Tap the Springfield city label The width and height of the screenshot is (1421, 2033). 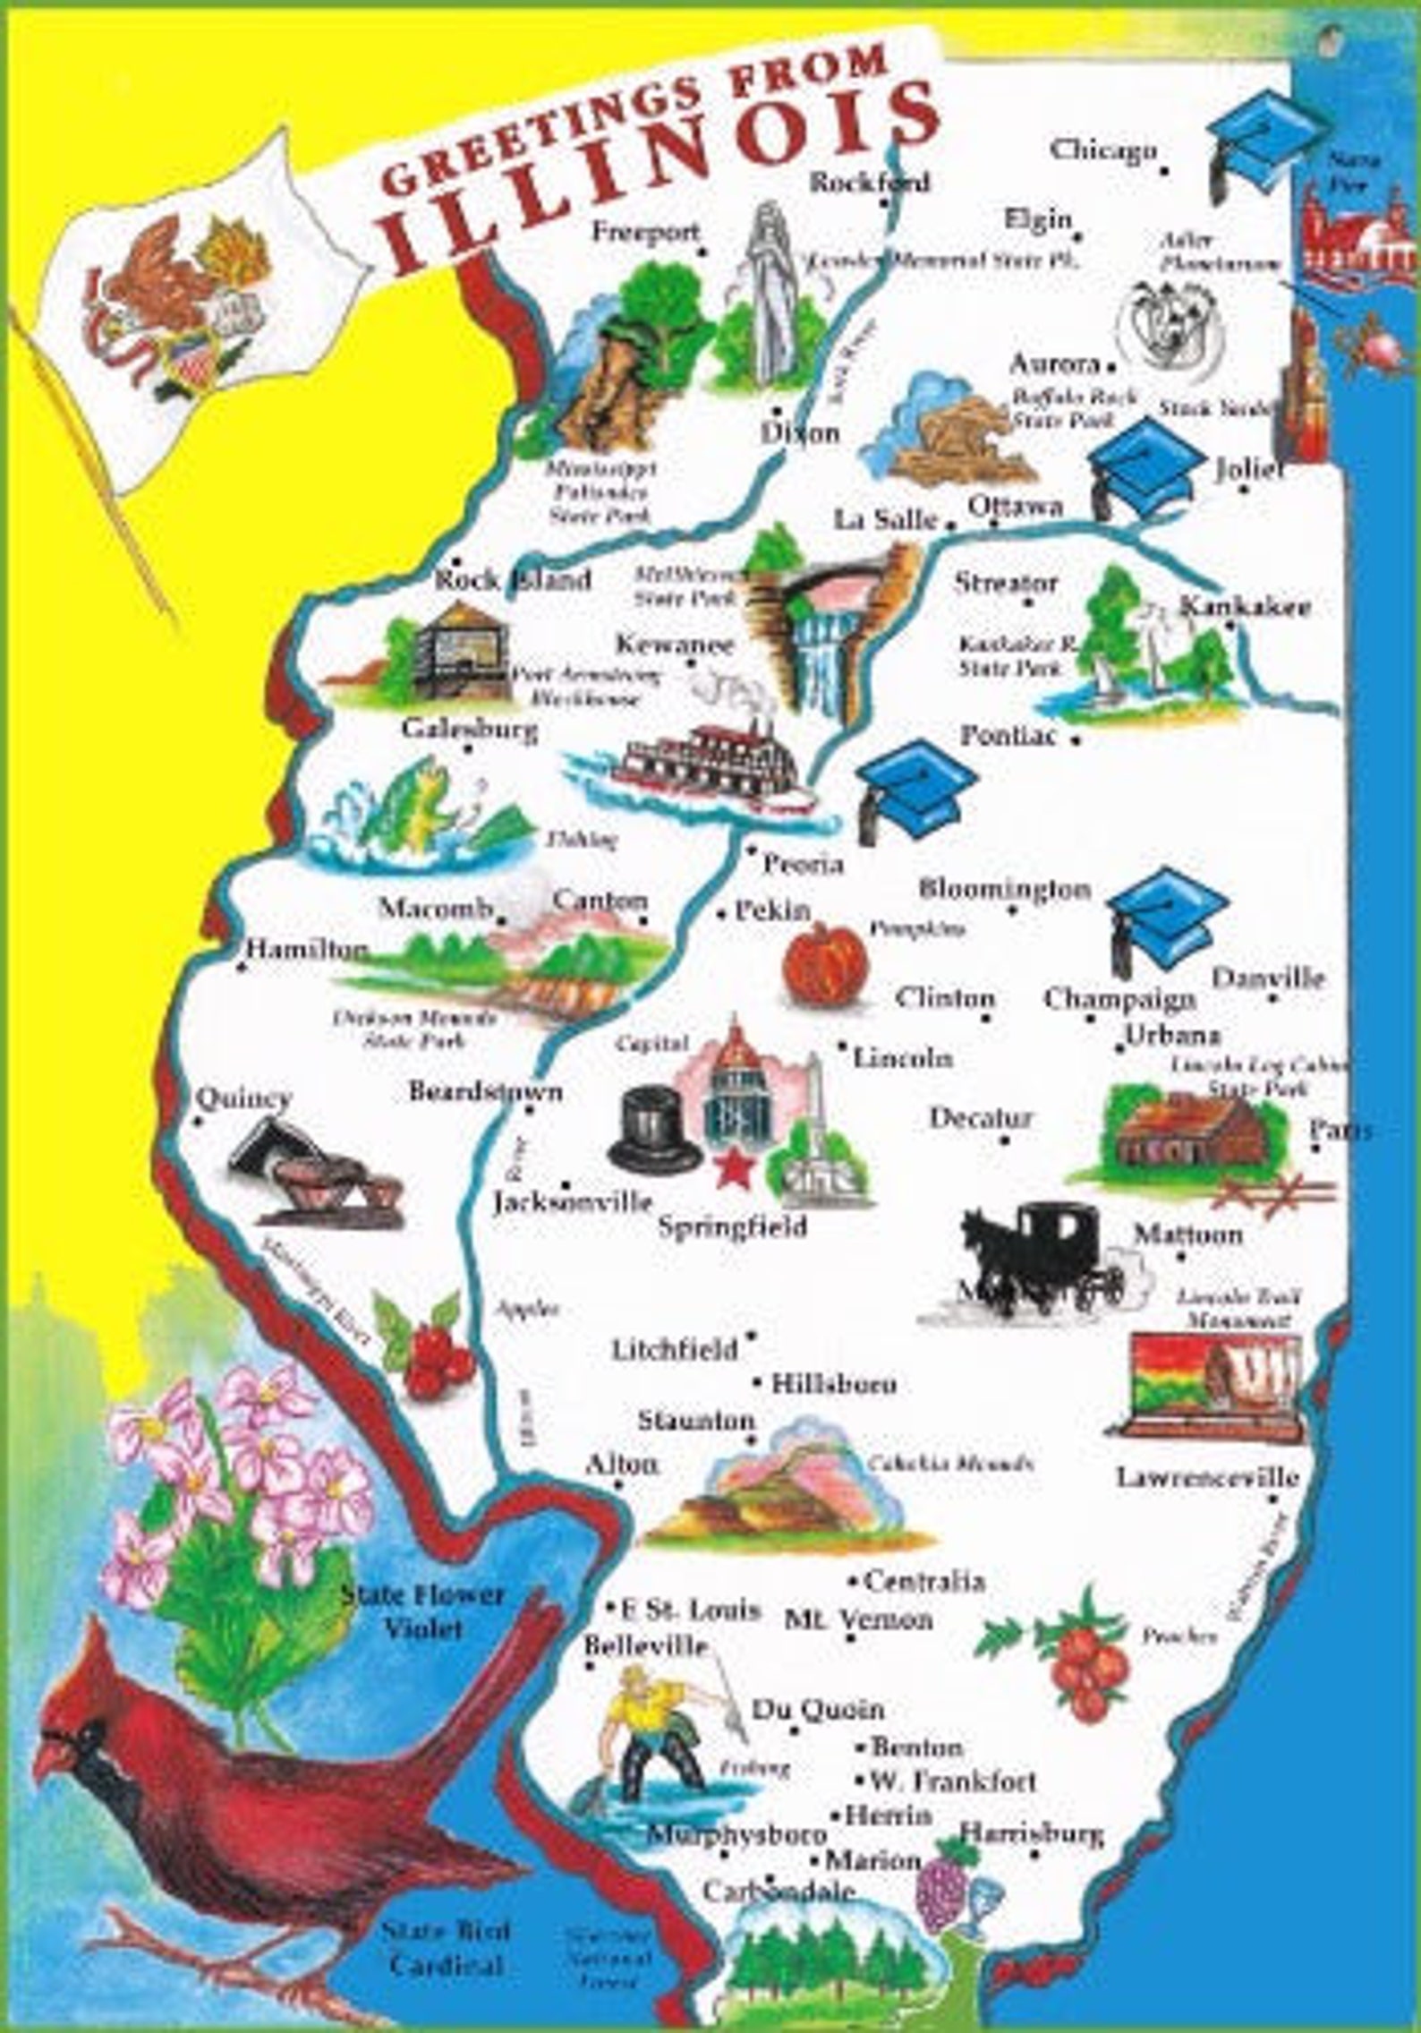[x=732, y=1226]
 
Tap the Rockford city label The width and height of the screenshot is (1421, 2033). [x=869, y=182]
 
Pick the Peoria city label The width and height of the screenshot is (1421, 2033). [x=803, y=864]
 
